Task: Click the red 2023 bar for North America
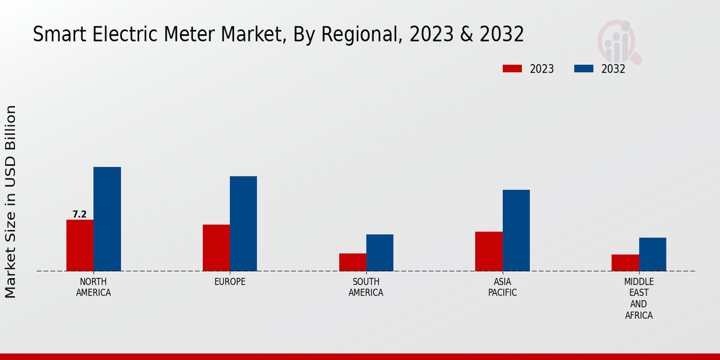tap(80, 245)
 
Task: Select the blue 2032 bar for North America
tap(107, 219)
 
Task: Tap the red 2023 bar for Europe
tap(216, 248)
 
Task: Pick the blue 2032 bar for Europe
tap(243, 224)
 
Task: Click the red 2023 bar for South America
tap(352, 262)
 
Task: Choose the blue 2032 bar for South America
tap(380, 253)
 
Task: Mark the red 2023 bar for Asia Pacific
tap(489, 251)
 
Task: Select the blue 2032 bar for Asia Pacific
tap(516, 230)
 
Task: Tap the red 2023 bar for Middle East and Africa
tap(625, 263)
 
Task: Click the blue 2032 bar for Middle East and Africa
tap(652, 254)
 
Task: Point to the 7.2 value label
tap(79, 214)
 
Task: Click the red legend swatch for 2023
tap(512, 69)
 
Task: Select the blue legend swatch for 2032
tap(584, 69)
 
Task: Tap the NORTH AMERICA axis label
tap(94, 287)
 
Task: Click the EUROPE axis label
tap(230, 282)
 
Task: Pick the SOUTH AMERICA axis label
tap(366, 287)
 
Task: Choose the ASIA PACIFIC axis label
tap(502, 287)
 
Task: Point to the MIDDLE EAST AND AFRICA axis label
tap(638, 298)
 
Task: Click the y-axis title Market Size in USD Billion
tap(11, 202)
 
